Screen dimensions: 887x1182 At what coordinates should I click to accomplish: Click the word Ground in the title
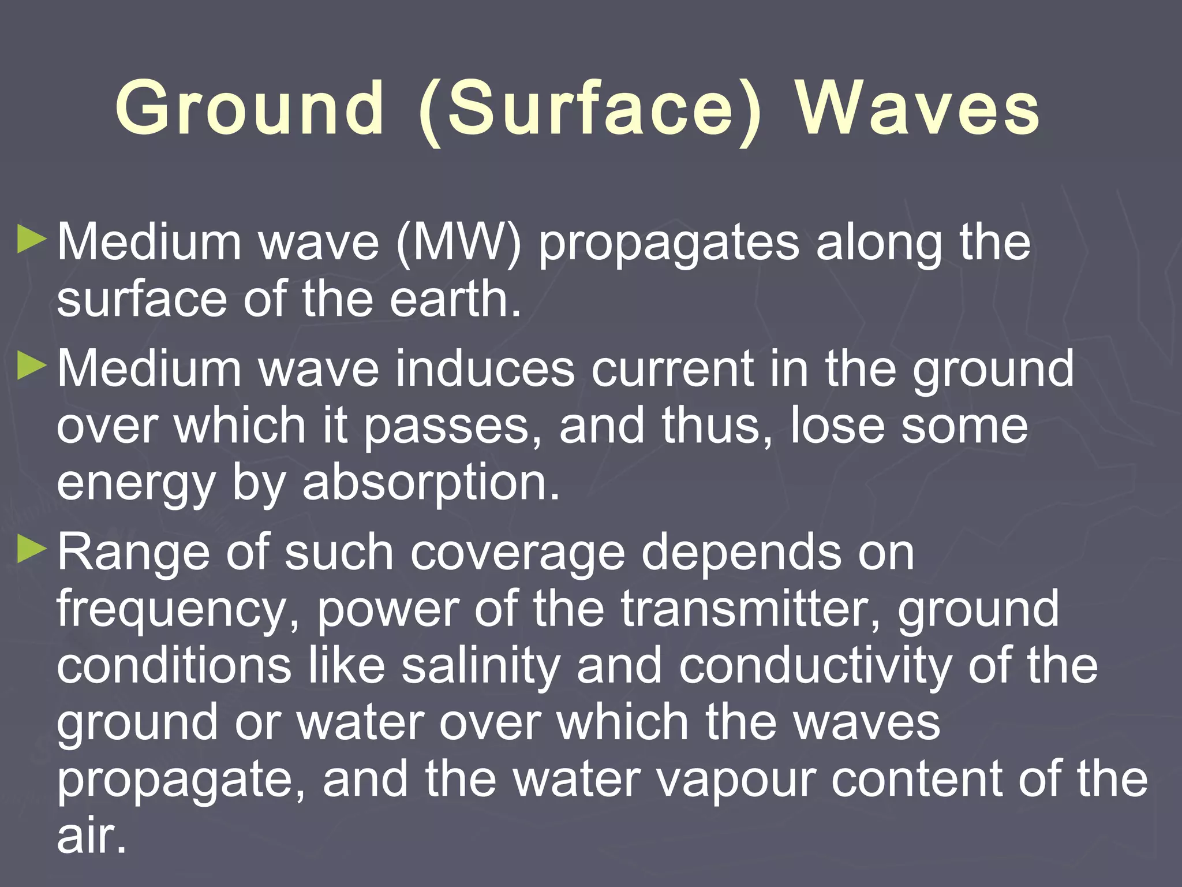[x=249, y=109]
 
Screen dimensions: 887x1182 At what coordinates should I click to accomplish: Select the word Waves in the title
[x=918, y=109]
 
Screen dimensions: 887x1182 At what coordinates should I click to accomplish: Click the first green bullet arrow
[x=32, y=240]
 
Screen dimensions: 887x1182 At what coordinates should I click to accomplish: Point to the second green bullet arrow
[x=32, y=366]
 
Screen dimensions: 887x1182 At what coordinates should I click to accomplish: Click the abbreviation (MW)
[x=459, y=243]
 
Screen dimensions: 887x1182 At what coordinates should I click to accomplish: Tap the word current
[x=672, y=370]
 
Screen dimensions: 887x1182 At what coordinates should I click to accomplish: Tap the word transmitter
[x=750, y=609]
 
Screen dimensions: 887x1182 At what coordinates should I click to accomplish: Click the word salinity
[x=481, y=667]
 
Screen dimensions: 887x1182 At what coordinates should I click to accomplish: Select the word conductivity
[x=814, y=667]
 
